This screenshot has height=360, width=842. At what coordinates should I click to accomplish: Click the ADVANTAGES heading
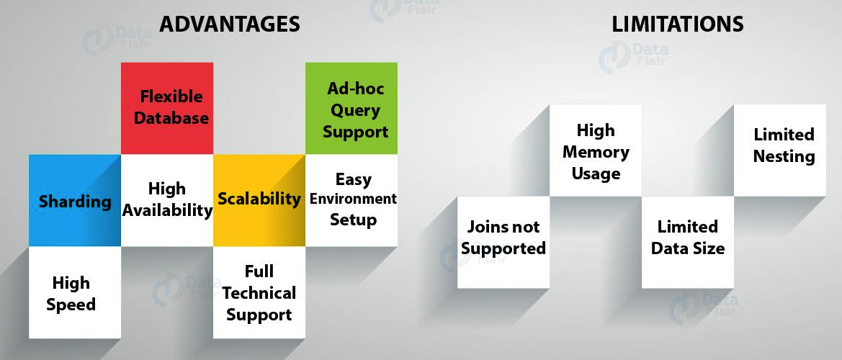[x=229, y=24]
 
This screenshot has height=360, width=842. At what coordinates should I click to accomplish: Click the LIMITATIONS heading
[x=677, y=24]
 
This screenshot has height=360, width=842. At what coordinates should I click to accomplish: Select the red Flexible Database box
[x=167, y=108]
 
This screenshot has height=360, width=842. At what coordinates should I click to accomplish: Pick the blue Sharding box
[x=75, y=201]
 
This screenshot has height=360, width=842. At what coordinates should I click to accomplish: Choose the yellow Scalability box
[x=259, y=199]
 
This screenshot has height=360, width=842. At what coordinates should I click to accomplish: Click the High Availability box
[x=167, y=200]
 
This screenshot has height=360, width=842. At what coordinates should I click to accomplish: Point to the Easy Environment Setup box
[x=351, y=200]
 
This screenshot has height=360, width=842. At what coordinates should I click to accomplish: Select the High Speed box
[x=75, y=293]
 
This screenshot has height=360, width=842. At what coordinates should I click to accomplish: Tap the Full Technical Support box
[x=259, y=293]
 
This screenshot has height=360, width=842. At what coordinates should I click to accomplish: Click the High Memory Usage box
[x=596, y=151]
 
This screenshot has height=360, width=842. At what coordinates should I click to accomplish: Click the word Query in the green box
[x=355, y=110]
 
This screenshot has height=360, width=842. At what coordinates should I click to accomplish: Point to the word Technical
[x=259, y=293]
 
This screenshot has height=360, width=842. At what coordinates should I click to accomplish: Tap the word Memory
[x=596, y=152]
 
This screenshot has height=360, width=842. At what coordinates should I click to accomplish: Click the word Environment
[x=353, y=199]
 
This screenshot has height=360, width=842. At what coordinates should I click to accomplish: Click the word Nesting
[x=784, y=156]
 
